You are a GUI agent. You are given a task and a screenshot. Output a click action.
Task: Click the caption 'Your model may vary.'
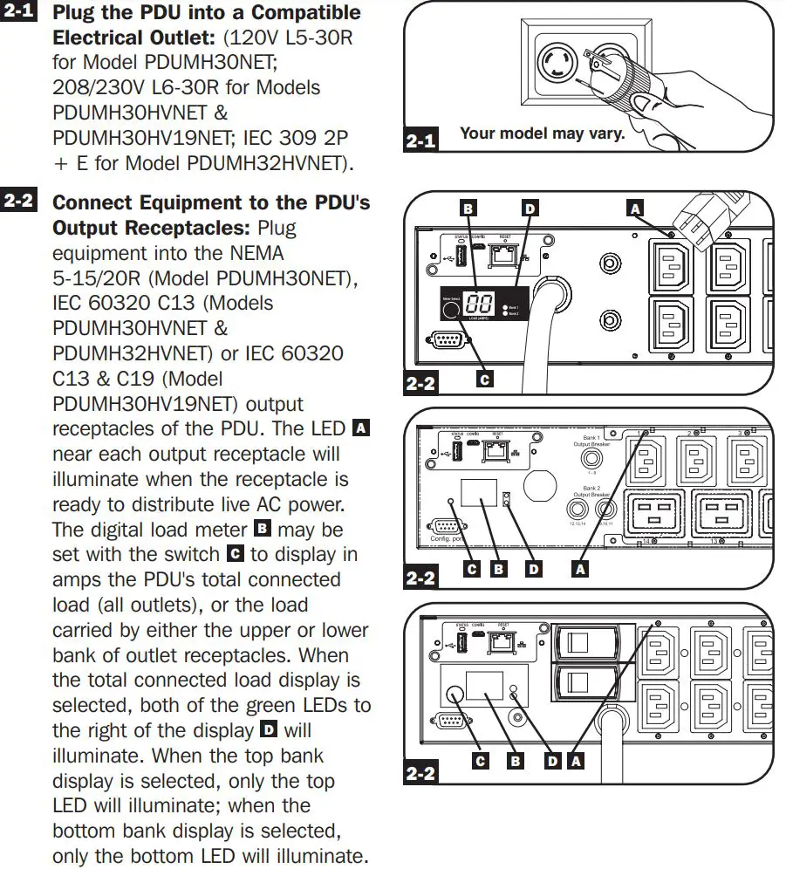point(542,133)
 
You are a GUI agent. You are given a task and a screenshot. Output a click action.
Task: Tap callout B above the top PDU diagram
point(468,209)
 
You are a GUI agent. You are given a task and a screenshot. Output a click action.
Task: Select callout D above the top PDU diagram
point(530,209)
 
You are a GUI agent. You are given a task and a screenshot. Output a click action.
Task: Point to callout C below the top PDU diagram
point(485,379)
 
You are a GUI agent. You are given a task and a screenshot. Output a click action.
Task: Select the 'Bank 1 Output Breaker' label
point(591,442)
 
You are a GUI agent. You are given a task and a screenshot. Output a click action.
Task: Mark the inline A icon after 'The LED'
point(360,428)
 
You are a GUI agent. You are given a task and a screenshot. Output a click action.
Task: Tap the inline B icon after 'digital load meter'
point(262,529)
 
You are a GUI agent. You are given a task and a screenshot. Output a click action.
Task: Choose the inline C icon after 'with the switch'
point(235,554)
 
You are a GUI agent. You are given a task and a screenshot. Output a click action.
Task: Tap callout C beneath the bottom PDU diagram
point(480,761)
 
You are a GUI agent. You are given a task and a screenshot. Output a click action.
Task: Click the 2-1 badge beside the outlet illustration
point(421,140)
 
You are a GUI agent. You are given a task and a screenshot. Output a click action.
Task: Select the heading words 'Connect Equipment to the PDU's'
point(211,202)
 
